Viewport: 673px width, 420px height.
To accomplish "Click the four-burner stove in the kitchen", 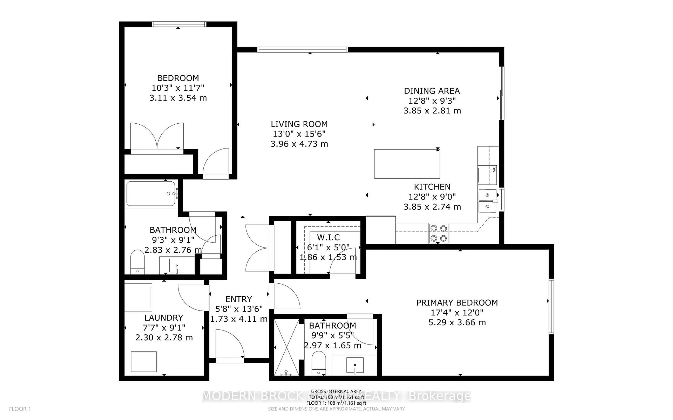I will click(x=439, y=233).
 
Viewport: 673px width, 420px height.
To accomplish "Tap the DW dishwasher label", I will click(x=494, y=169).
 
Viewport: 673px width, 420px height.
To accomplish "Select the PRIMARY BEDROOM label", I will click(x=457, y=303).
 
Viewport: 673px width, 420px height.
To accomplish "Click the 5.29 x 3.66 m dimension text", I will click(x=457, y=323).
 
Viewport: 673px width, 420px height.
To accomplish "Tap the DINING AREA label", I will click(x=432, y=91).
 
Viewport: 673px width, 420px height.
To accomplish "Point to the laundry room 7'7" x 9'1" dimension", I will click(x=164, y=328).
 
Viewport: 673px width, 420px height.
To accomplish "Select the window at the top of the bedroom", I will click(x=179, y=24).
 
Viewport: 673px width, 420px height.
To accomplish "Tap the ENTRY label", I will click(x=239, y=299).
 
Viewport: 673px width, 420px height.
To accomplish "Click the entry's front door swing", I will click(x=229, y=344).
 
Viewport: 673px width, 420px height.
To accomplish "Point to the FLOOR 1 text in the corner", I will click(x=20, y=409).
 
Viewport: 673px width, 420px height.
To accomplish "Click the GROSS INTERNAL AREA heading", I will click(x=336, y=391).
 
